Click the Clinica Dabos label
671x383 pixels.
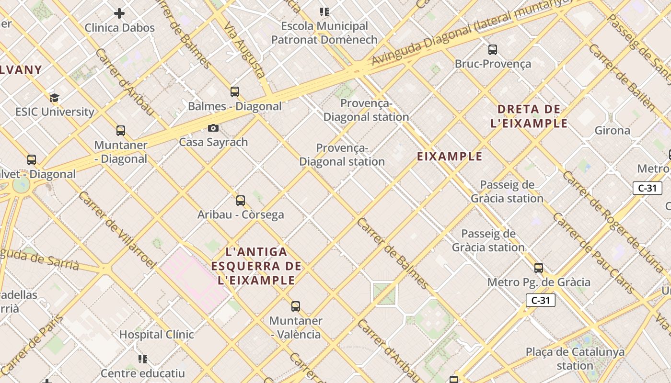[x=120, y=28]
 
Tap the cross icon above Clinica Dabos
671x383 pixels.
[x=119, y=13]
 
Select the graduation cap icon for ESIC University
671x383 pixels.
[x=54, y=98]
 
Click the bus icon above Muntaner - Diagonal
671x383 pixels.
[x=121, y=130]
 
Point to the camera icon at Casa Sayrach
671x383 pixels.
[x=213, y=128]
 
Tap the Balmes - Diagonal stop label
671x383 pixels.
[x=234, y=106]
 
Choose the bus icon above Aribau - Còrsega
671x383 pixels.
[x=241, y=201]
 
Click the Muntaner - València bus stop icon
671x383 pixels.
[x=296, y=306]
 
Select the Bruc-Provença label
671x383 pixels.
[x=493, y=64]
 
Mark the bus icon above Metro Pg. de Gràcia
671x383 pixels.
[x=539, y=268]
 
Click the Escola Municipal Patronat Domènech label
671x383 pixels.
[x=324, y=33]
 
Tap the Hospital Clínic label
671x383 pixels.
[x=157, y=335]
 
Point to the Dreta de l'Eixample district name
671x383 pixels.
[x=529, y=116]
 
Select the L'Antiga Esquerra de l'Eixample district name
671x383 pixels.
[x=256, y=266]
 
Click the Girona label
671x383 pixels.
[x=612, y=130]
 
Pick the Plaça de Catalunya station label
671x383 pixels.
[x=575, y=359]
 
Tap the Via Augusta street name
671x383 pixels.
[x=244, y=50]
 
